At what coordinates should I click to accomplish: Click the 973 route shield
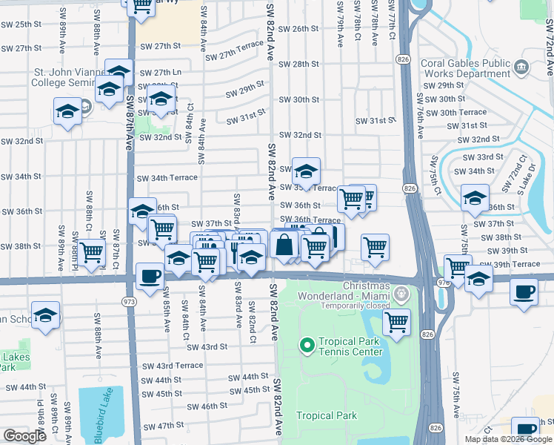128,301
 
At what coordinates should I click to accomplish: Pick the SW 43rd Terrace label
169,366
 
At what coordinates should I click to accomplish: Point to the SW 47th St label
164,425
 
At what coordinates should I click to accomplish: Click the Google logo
24,436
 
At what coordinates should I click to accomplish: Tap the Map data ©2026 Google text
507,439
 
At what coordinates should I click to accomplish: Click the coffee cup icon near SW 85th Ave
150,277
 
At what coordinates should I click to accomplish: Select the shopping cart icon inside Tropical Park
397,322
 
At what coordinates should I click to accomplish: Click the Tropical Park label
327,416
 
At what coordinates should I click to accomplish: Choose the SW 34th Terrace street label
167,178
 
